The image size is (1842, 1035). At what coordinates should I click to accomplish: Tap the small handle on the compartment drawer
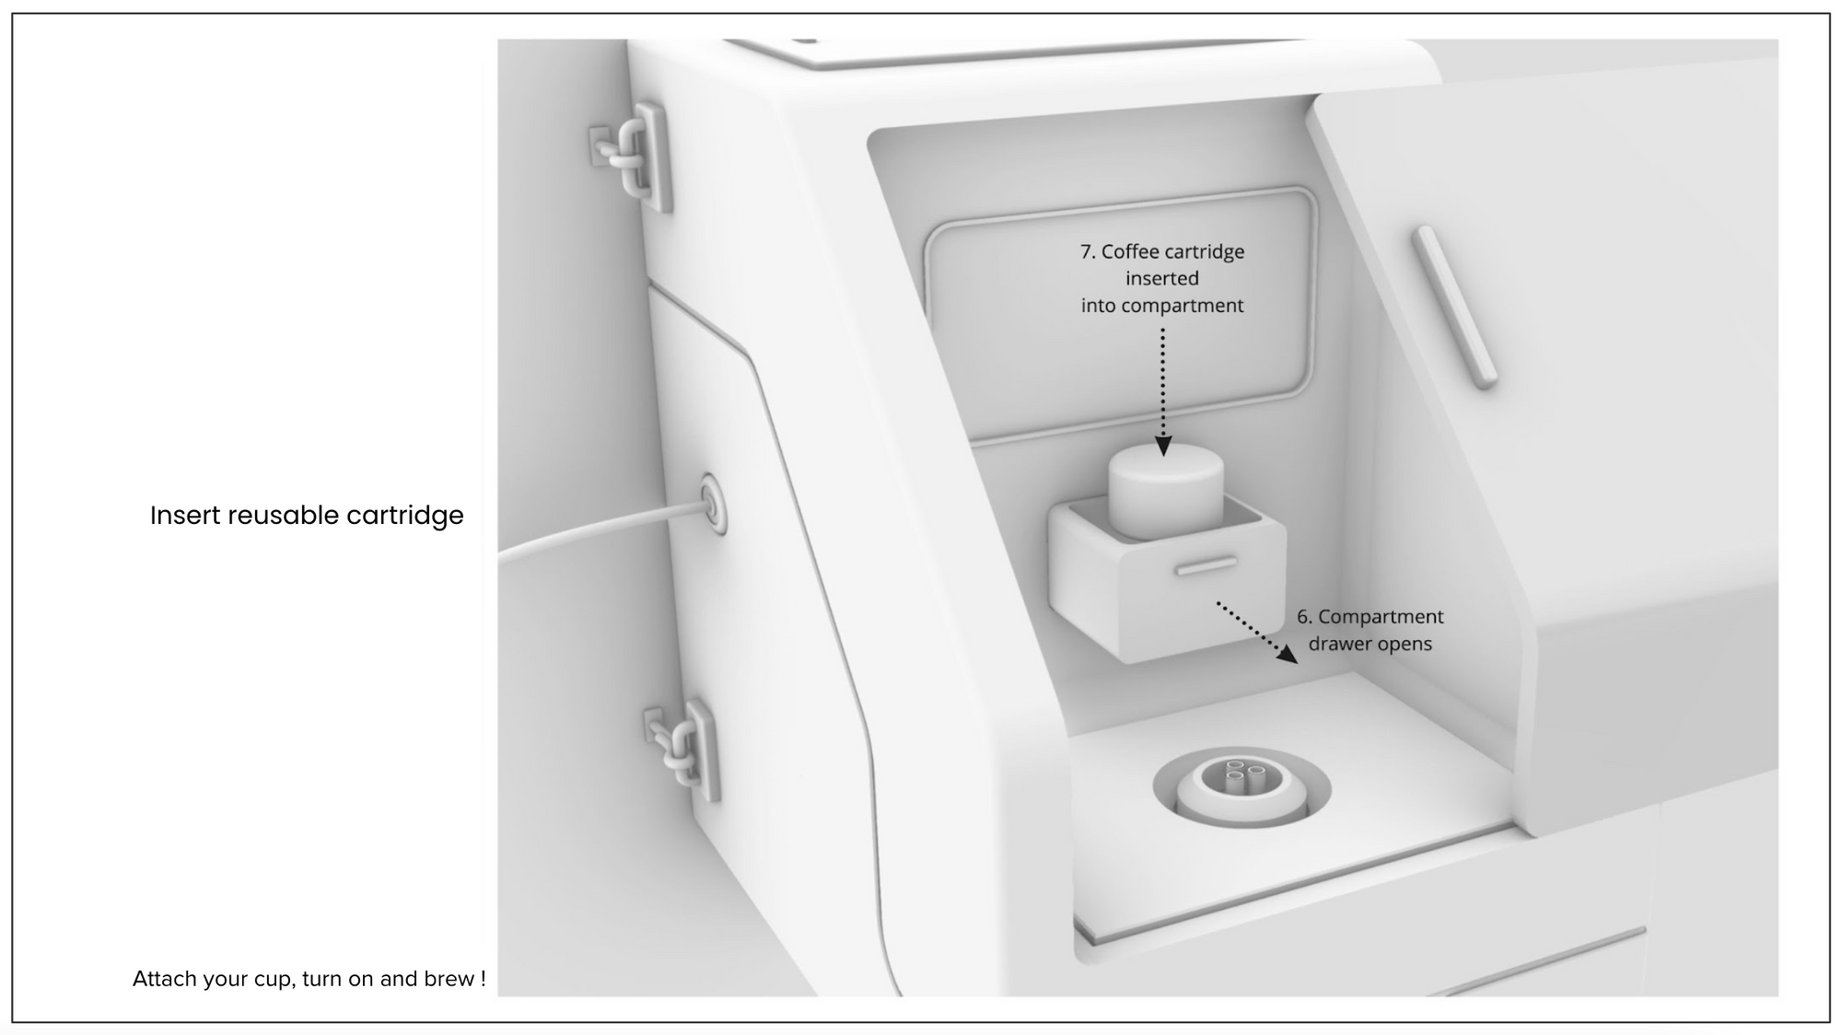point(1206,564)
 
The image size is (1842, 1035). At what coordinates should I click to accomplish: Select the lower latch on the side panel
point(683,748)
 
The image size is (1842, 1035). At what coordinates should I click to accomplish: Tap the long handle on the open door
point(1454,306)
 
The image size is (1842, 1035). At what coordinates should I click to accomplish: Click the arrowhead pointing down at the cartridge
point(1163,447)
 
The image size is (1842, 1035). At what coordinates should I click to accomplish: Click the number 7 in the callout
point(1087,251)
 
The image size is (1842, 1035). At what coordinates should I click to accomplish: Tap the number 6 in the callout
point(1303,616)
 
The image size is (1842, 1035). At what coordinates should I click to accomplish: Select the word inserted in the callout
point(1162,278)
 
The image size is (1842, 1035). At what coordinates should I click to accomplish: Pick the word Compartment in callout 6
point(1381,616)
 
